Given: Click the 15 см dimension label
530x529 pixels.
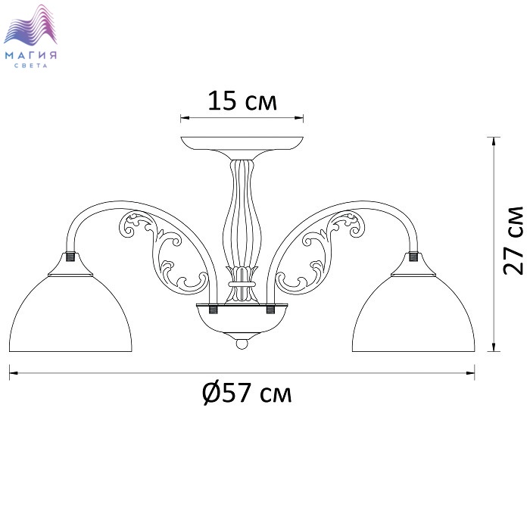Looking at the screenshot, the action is (242, 101).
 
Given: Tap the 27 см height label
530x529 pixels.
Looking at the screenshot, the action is (513, 240).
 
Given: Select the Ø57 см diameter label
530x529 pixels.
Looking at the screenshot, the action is (247, 394).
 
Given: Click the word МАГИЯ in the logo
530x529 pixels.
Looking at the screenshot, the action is (31, 55).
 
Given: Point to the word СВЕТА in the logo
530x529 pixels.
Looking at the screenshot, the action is (31, 66).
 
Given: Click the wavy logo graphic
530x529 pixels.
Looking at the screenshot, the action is (30, 25).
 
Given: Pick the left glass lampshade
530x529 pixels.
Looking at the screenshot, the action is (70, 313).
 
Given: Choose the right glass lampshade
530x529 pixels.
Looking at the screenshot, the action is (413, 313).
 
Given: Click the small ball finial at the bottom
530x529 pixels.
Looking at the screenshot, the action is (242, 344).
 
